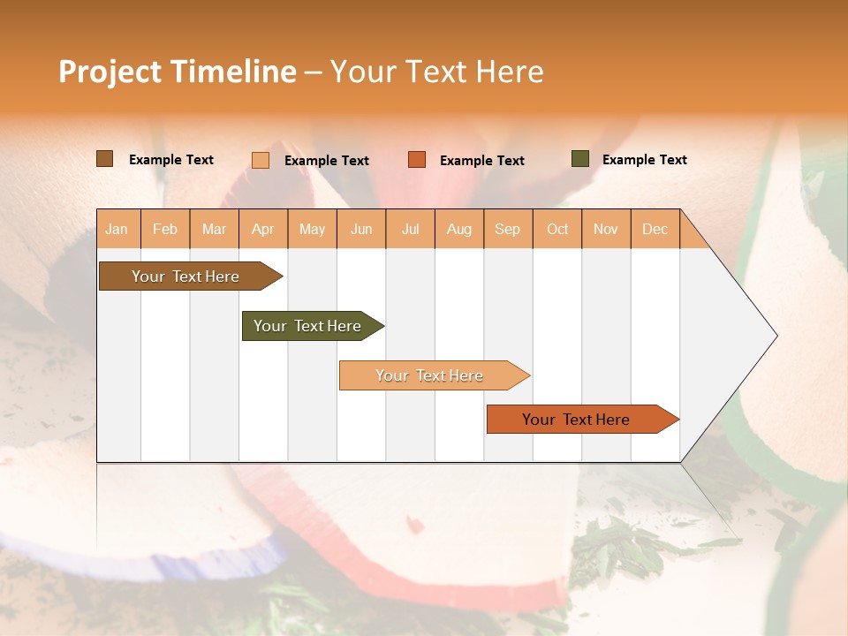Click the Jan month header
click(x=117, y=229)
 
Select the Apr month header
click(x=263, y=229)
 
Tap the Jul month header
click(x=410, y=229)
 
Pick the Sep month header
click(x=507, y=229)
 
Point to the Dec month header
click(x=655, y=229)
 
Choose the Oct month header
click(x=556, y=229)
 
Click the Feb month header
click(x=165, y=229)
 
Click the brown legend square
click(x=104, y=159)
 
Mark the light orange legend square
click(x=261, y=160)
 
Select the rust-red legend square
click(x=417, y=160)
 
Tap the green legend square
click(x=580, y=159)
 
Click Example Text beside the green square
click(x=644, y=160)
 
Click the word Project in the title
click(x=110, y=72)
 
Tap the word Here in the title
click(x=510, y=72)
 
